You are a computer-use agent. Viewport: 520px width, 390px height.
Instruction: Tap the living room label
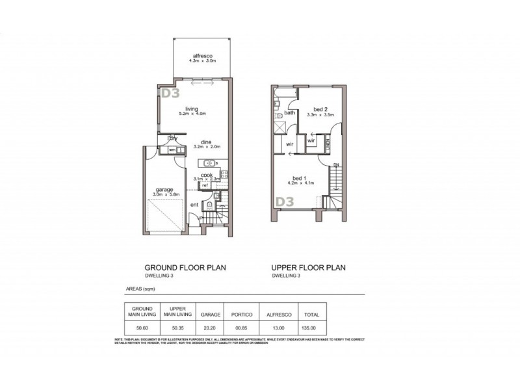(191, 109)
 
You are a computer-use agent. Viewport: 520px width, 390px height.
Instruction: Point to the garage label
(164, 189)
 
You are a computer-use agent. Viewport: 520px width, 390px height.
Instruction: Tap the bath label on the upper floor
(289, 113)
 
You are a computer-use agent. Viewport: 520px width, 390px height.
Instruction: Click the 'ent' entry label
(194, 205)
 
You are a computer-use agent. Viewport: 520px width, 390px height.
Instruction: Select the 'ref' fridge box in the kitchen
(204, 185)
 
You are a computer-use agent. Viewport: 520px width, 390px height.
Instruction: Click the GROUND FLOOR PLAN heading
(185, 267)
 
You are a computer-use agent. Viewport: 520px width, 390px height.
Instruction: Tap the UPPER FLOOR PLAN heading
(308, 267)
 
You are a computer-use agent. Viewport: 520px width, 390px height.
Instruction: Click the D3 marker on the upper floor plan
(284, 203)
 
